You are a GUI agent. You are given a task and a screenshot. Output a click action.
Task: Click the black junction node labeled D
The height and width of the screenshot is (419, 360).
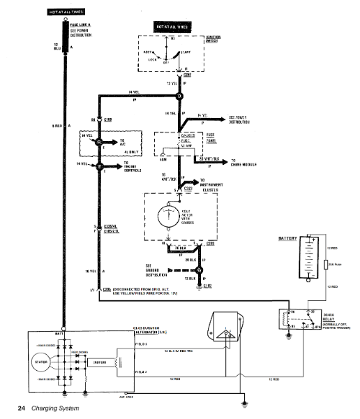tap(179, 96)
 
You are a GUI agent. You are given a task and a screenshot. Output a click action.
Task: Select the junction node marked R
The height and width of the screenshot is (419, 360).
tap(99, 142)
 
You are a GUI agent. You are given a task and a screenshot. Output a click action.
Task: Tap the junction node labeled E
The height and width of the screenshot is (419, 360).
tap(99, 167)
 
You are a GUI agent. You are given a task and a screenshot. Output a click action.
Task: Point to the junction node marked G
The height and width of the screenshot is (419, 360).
tap(199, 270)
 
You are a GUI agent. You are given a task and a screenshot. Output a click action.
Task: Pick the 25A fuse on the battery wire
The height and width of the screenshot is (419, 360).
tap(326, 265)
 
